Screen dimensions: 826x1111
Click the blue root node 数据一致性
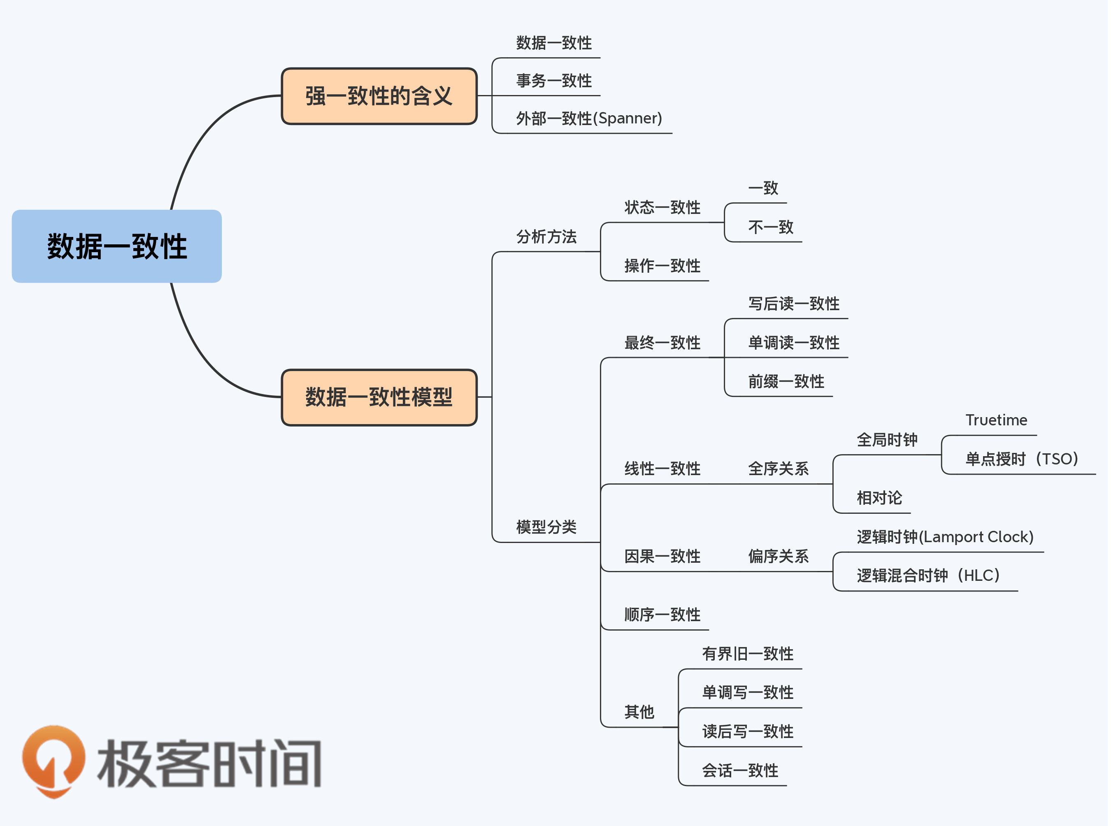tap(116, 246)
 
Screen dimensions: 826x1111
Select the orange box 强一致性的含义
tap(379, 96)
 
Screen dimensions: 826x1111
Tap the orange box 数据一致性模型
tap(379, 397)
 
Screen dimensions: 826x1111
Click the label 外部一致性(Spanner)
tap(589, 118)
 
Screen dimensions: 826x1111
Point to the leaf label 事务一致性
tap(554, 81)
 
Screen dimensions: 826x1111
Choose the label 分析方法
tap(546, 237)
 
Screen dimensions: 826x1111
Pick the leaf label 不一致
tap(770, 227)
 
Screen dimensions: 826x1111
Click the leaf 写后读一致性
tap(793, 304)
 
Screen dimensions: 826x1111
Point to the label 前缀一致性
tap(786, 381)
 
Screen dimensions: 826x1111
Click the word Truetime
tap(996, 420)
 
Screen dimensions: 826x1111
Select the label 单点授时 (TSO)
tap(1021, 459)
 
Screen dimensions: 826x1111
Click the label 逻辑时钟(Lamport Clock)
tap(945, 537)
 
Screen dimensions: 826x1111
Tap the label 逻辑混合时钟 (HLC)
tap(928, 575)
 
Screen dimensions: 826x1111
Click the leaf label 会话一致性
tap(739, 770)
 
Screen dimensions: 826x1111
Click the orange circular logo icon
tap(53, 760)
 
